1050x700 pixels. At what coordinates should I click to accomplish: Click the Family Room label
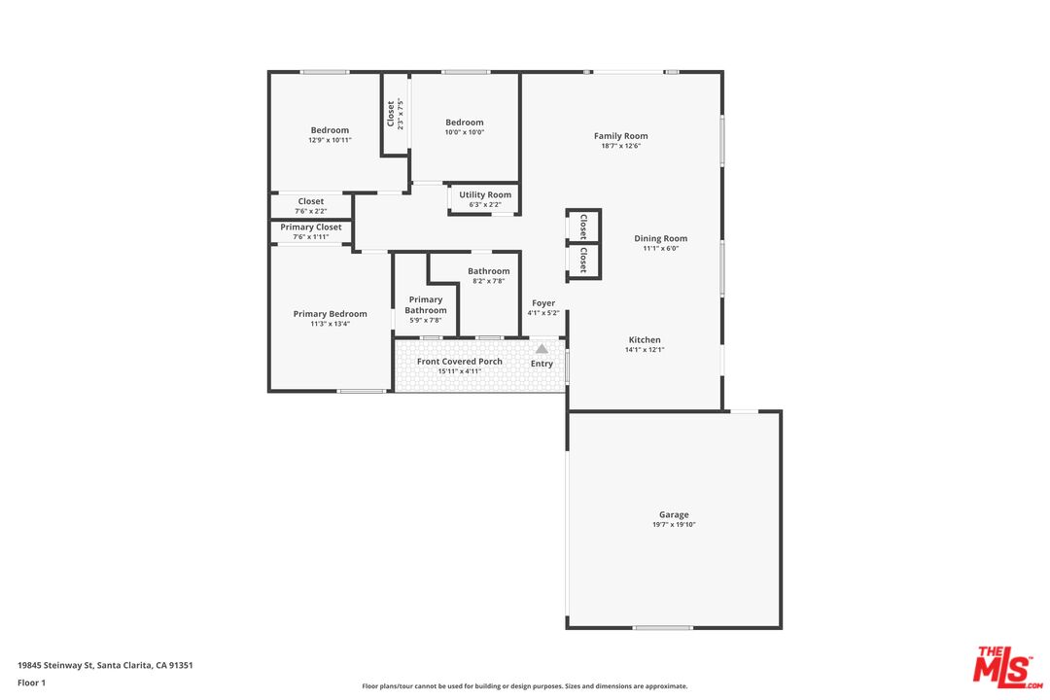click(620, 136)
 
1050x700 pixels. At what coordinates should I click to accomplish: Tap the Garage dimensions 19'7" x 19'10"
click(674, 524)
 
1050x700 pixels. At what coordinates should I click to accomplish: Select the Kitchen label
click(645, 339)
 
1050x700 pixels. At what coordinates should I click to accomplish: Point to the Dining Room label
click(660, 238)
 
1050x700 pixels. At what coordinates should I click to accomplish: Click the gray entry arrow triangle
click(542, 349)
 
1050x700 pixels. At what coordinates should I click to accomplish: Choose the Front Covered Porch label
click(459, 361)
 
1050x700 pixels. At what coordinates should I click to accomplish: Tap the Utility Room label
click(485, 194)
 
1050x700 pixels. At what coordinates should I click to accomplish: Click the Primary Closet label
click(311, 227)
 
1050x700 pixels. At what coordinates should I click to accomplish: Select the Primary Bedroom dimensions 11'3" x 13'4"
click(330, 324)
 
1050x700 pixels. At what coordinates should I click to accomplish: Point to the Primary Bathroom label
click(425, 304)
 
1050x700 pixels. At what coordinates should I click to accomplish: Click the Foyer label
click(543, 303)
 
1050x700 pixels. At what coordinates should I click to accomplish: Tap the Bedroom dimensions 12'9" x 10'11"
click(330, 140)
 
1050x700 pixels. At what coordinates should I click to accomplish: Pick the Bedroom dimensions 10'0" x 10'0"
click(464, 132)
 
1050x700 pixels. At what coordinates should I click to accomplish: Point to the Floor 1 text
click(31, 682)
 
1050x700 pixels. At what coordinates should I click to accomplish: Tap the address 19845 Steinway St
click(54, 665)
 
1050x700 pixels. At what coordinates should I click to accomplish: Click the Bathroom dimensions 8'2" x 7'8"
click(488, 281)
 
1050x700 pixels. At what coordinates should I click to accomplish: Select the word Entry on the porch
click(542, 364)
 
